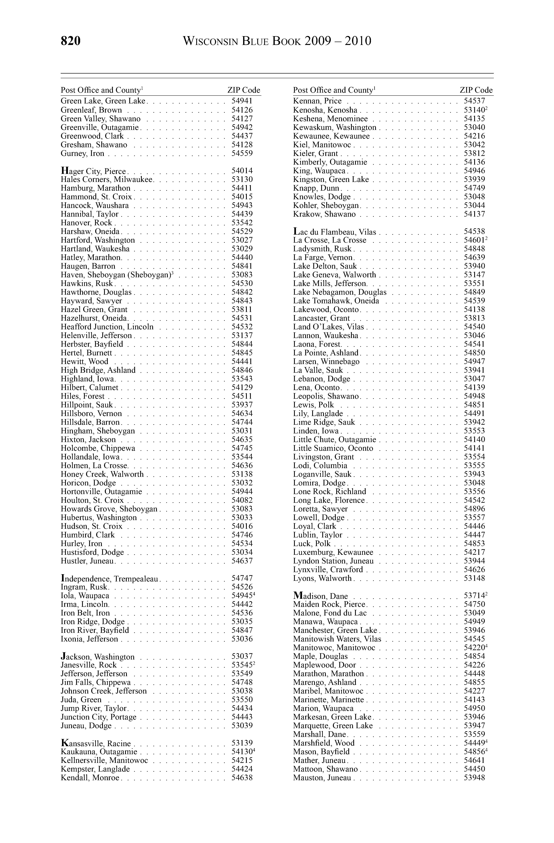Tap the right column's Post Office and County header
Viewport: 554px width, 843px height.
tap(334, 90)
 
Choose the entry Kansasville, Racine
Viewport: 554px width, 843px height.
tap(96, 743)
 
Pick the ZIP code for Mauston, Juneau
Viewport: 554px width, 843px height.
tap(474, 778)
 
